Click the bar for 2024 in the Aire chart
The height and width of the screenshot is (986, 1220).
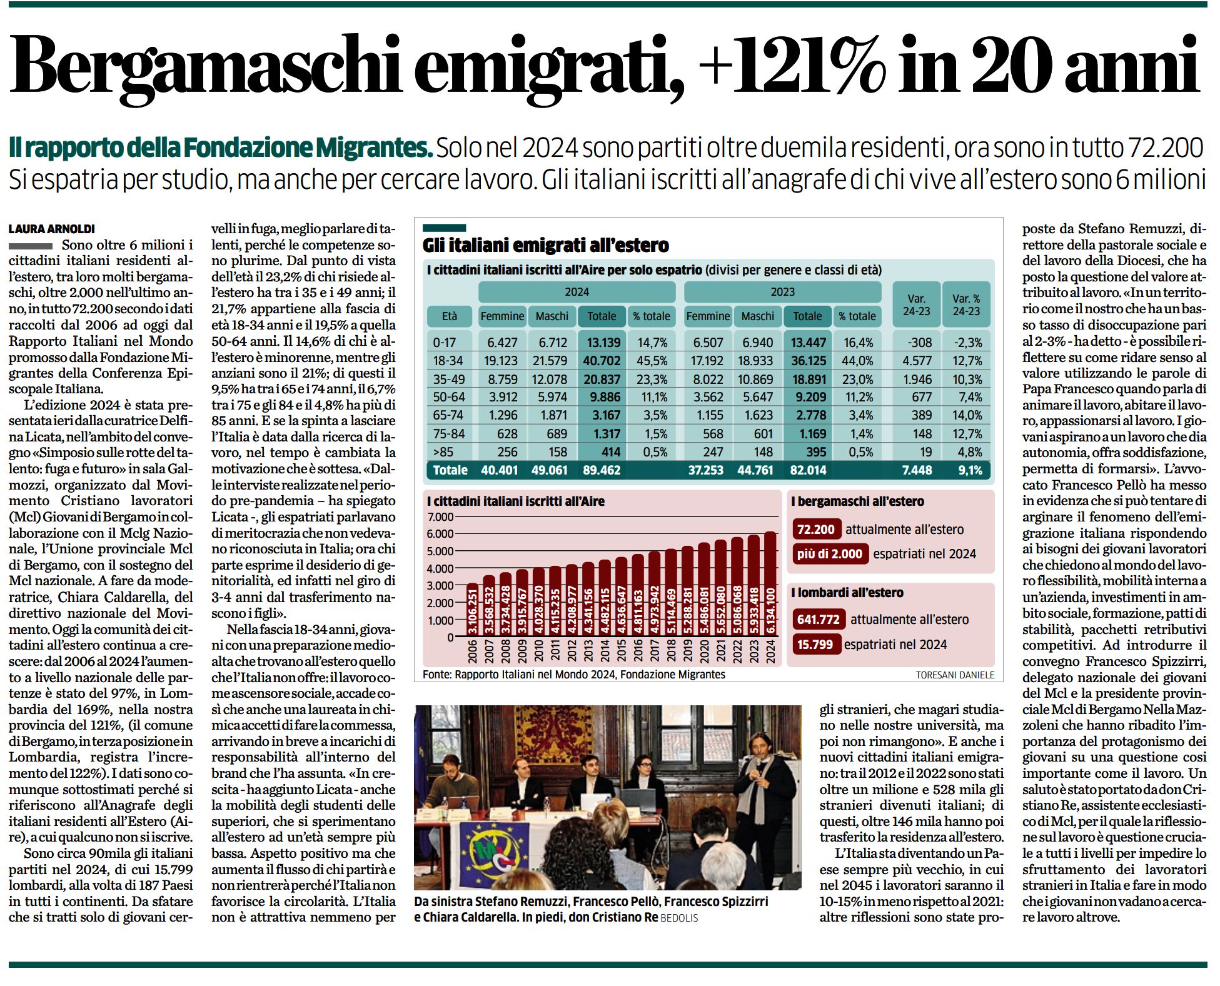pyautogui.click(x=770, y=585)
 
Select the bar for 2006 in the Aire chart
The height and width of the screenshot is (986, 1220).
pyautogui.click(x=473, y=611)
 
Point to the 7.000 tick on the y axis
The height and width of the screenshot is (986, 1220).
pyautogui.click(x=440, y=517)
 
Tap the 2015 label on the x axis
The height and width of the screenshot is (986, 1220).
pyautogui.click(x=622, y=651)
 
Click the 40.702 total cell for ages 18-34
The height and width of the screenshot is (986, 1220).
pyautogui.click(x=602, y=361)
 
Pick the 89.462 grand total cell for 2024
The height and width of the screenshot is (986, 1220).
pyautogui.click(x=602, y=470)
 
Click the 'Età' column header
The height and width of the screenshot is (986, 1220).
pyautogui.click(x=450, y=316)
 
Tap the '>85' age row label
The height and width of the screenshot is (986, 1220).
pyautogui.click(x=443, y=452)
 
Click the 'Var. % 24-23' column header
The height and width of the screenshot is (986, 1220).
pyautogui.click(x=966, y=304)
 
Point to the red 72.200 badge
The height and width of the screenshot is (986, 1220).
pyautogui.click(x=816, y=530)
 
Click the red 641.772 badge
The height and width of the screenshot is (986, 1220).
pyautogui.click(x=818, y=620)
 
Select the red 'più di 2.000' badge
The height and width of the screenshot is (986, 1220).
pyautogui.click(x=830, y=554)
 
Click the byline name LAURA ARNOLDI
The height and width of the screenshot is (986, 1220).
pyautogui.click(x=52, y=229)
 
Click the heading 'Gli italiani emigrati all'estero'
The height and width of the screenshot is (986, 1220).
pyautogui.click(x=545, y=245)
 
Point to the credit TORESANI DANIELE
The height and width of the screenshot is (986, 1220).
pyautogui.click(x=955, y=675)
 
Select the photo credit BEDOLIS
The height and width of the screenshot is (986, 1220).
pyautogui.click(x=679, y=918)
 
